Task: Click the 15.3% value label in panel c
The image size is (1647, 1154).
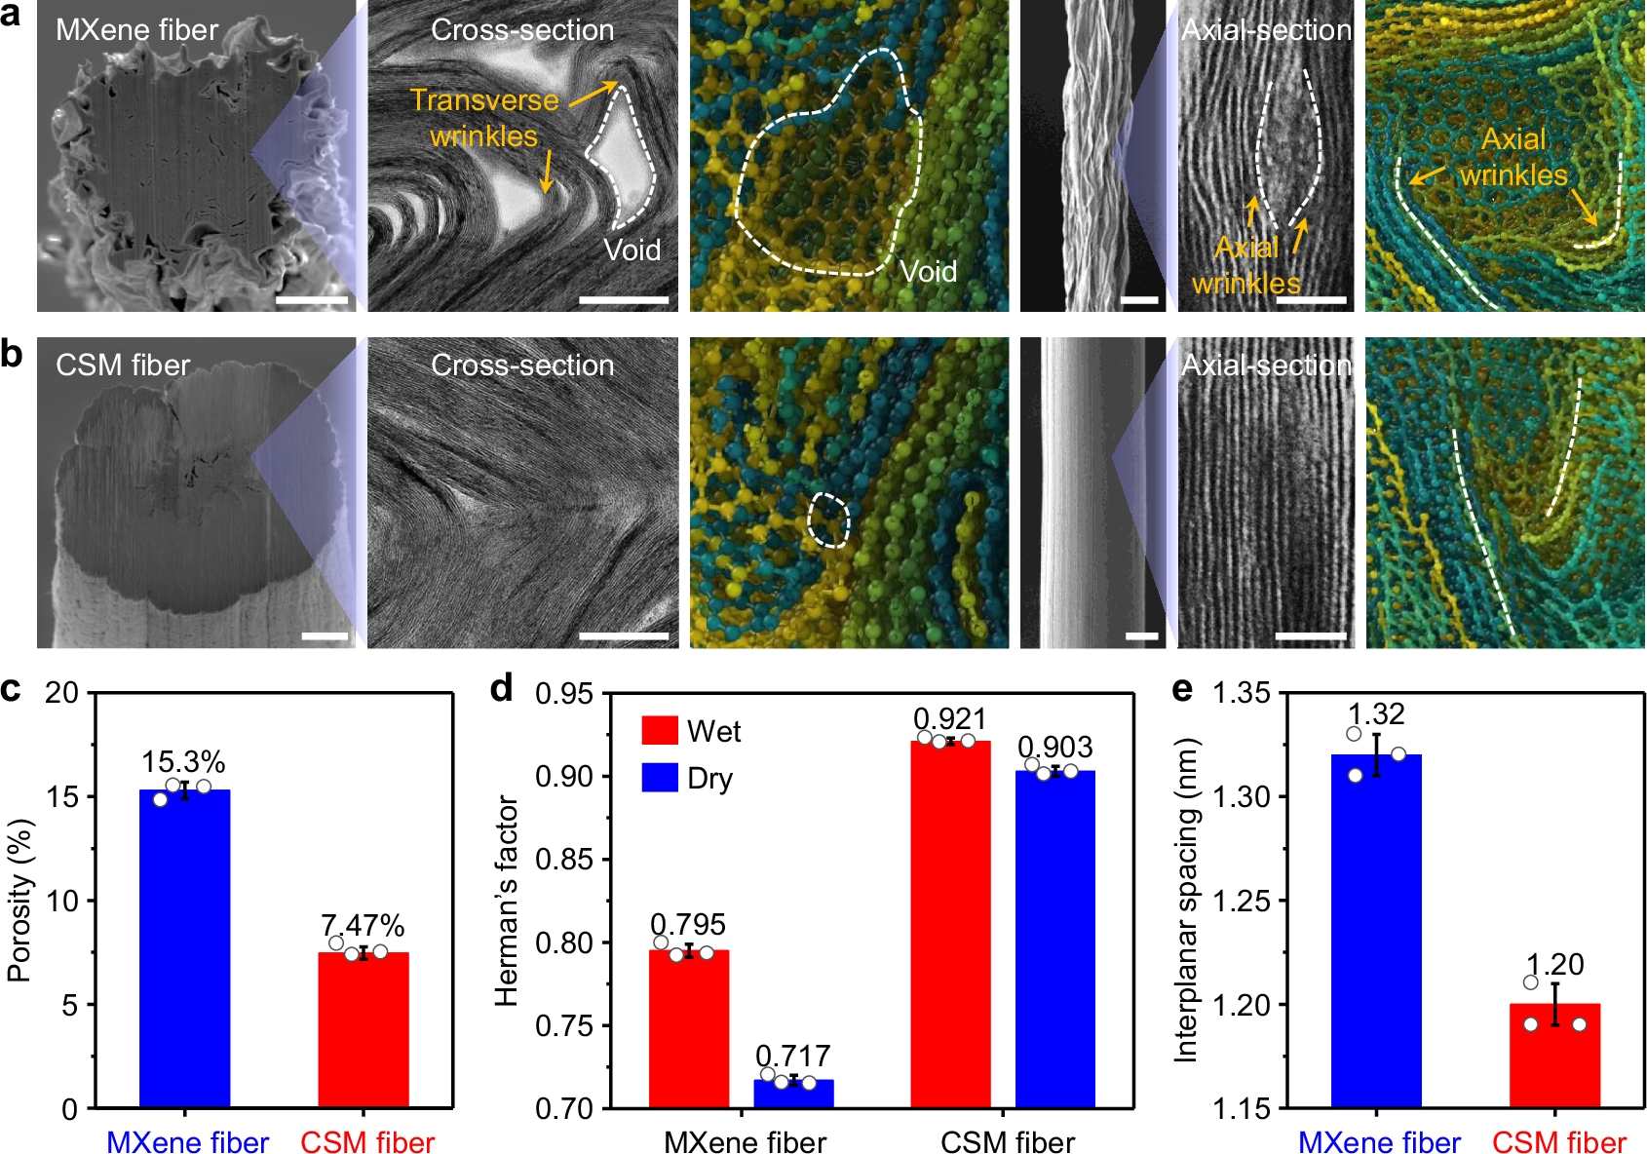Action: tap(183, 762)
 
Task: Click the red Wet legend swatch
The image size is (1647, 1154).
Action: tap(660, 731)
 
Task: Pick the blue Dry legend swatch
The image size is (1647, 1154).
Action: tap(660, 778)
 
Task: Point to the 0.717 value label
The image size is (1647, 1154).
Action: tap(793, 1056)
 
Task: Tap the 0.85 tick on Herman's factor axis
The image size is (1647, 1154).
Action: tap(564, 860)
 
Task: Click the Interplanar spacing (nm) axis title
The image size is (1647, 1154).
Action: tap(1185, 901)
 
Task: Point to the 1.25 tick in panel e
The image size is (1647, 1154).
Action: tap(1242, 901)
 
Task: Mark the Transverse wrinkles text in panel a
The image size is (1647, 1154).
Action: tap(484, 118)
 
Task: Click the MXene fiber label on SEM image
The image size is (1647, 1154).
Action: tap(136, 30)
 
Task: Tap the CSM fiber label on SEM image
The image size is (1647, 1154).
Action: tap(123, 365)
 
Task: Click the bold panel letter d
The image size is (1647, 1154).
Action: tap(501, 689)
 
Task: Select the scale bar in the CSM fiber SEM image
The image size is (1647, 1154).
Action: tap(325, 636)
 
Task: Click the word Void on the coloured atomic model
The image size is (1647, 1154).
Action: tap(928, 272)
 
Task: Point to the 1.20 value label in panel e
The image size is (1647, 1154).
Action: tap(1554, 965)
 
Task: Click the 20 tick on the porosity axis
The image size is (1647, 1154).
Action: tap(61, 693)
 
